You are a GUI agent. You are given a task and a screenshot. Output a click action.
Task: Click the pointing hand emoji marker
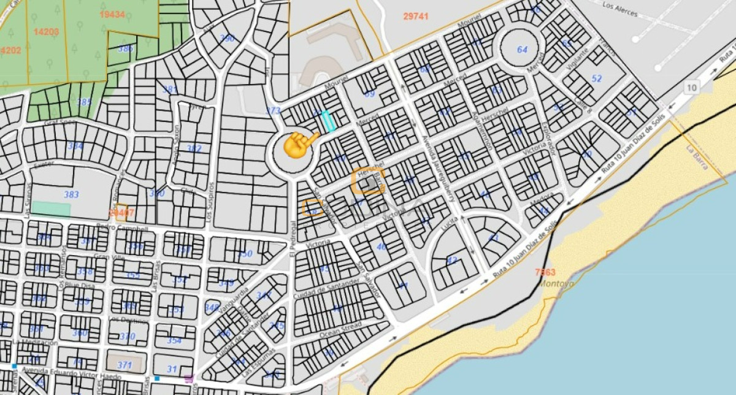click(299, 144)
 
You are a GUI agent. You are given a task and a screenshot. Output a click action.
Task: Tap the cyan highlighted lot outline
click(329, 121)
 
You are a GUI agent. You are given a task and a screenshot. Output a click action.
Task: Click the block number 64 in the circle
click(522, 49)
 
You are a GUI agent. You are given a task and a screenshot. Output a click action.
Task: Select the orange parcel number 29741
click(416, 17)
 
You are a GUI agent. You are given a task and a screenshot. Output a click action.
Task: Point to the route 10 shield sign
click(692, 88)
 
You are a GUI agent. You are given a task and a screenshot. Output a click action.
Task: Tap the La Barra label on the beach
click(697, 155)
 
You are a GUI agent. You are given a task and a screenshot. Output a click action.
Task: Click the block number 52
click(596, 79)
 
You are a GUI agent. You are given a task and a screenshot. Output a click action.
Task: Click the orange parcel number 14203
click(47, 32)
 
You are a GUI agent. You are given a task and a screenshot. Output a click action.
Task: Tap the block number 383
click(72, 194)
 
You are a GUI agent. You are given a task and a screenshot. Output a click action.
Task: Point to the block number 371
click(125, 365)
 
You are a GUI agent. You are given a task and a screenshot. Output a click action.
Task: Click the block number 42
click(452, 260)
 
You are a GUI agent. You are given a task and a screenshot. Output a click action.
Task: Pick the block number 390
click(227, 38)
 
